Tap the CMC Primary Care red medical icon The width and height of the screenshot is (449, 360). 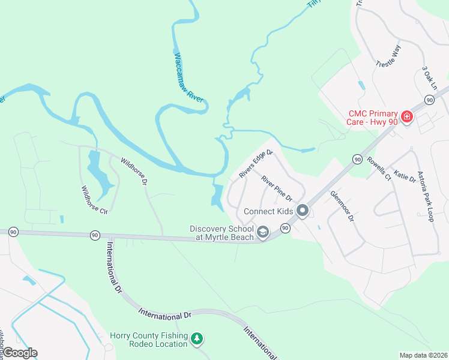(x=407, y=115)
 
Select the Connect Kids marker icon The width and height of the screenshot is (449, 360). (x=303, y=211)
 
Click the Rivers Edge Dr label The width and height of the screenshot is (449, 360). (x=256, y=164)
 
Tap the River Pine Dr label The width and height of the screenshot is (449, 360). (x=276, y=188)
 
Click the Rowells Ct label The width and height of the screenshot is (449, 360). (x=379, y=169)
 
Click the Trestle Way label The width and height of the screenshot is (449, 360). (x=388, y=55)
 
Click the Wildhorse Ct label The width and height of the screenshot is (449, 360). (x=94, y=200)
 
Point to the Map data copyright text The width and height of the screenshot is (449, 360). (x=424, y=355)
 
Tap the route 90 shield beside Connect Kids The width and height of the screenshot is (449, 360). (x=285, y=229)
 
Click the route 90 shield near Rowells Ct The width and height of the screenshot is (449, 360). (x=357, y=159)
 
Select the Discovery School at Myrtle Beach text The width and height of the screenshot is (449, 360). (x=222, y=233)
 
